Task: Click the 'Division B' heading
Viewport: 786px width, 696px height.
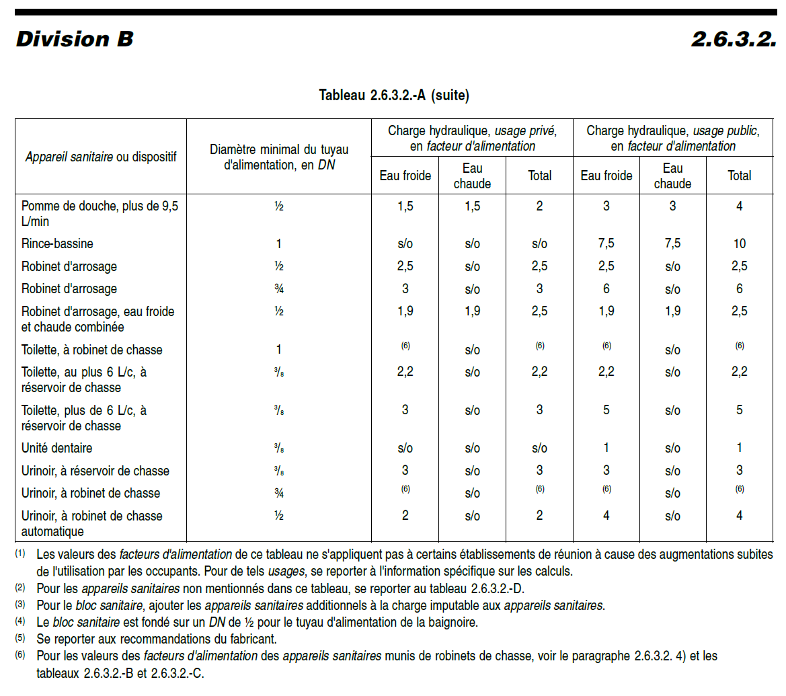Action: pos(74,39)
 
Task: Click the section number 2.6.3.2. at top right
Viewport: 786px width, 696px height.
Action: pos(734,39)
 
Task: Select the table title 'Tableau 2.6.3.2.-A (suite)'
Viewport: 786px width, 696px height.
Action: pos(393,95)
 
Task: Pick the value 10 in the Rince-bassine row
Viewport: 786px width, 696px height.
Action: pos(739,244)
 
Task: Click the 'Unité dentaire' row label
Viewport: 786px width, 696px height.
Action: pos(57,449)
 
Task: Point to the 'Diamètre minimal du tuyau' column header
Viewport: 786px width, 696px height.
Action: pos(278,157)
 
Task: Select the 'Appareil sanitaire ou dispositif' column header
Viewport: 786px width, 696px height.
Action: pos(101,157)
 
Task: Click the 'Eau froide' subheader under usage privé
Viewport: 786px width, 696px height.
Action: pos(405,176)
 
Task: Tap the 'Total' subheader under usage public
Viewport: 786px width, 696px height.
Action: pos(739,176)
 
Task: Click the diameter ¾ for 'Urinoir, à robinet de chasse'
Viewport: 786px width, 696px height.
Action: pos(278,493)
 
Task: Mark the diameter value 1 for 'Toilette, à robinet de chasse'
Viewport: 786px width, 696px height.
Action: pos(278,350)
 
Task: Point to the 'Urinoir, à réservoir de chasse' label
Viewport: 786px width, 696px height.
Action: pos(95,471)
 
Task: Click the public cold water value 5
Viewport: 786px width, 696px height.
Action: pos(606,410)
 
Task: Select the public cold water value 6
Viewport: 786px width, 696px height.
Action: pos(606,289)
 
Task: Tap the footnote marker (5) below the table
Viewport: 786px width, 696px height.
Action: pos(20,637)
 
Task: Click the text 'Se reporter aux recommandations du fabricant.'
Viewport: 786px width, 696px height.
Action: pos(157,638)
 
